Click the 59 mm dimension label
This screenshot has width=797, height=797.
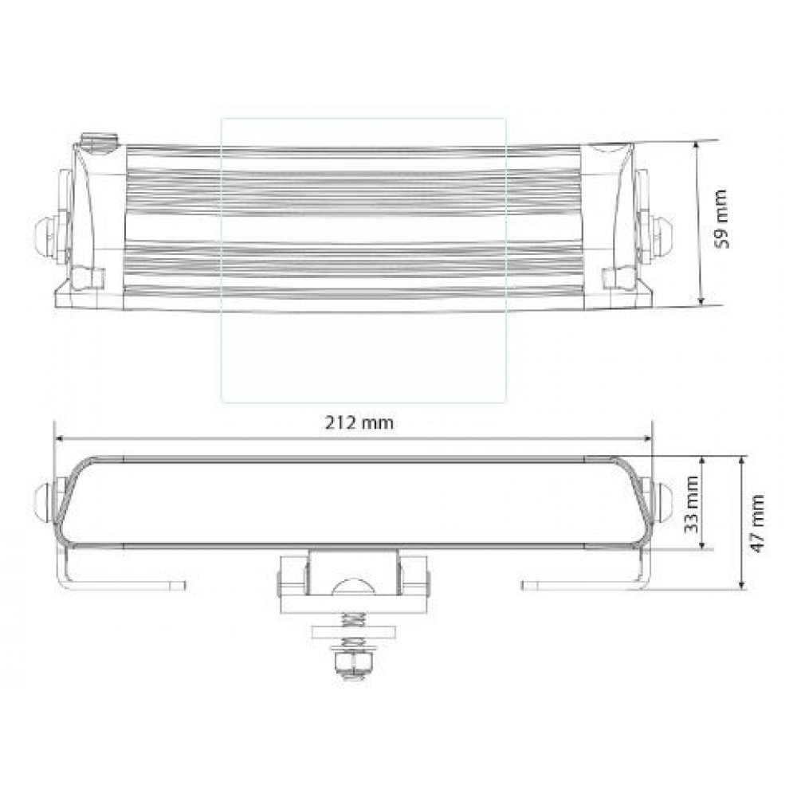722,219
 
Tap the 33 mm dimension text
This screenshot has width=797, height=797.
691,504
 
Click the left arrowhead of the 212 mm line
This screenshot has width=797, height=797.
57,438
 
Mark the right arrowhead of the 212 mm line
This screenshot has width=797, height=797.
649,438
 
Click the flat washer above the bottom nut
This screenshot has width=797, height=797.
353,632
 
